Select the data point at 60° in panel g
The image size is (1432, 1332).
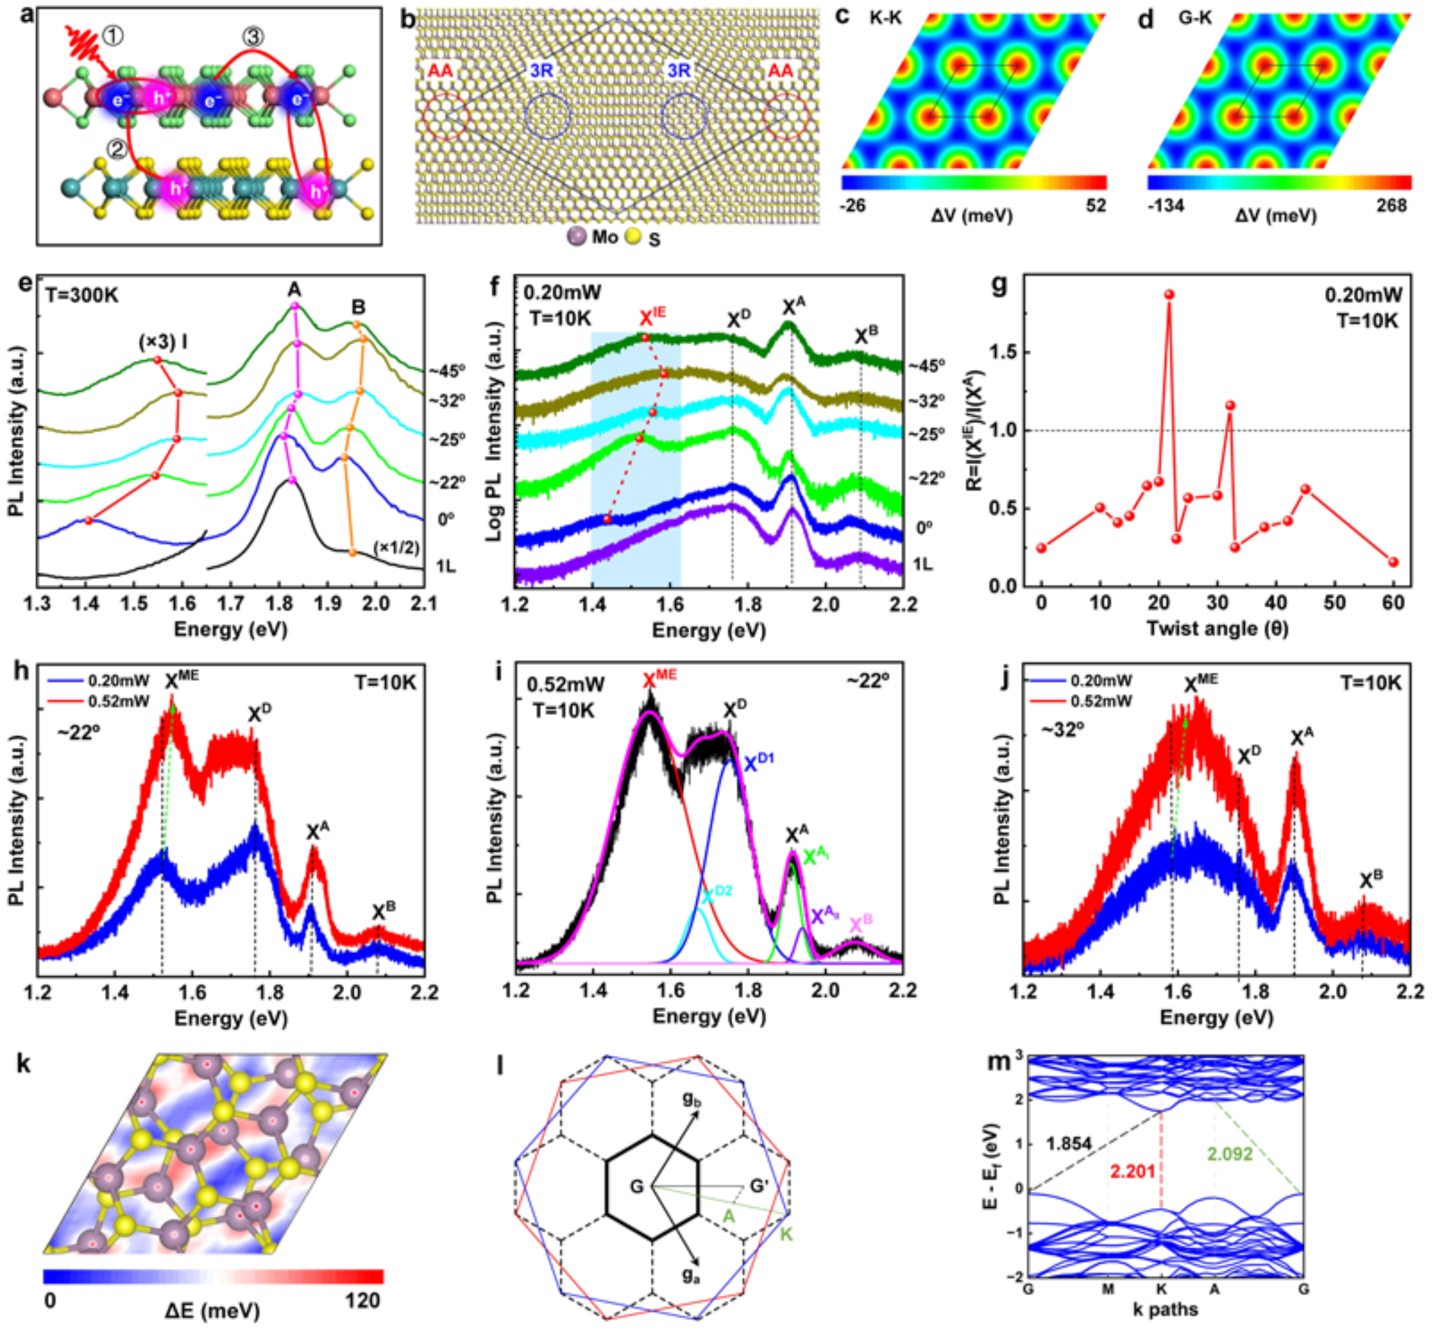tap(1393, 562)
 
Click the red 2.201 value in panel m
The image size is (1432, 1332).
tap(1133, 1171)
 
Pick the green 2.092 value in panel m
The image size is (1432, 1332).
tap(1230, 1154)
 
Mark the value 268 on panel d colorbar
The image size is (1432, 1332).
tap(1391, 206)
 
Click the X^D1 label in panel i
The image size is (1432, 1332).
tap(760, 763)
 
